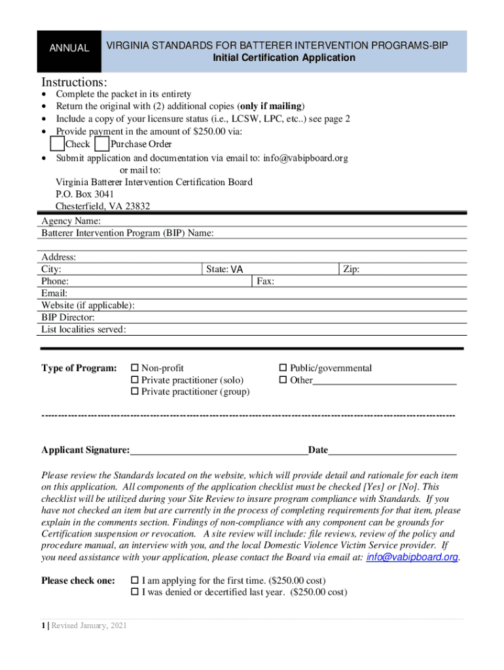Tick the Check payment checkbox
pyautogui.click(x=57, y=144)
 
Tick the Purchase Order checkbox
pyautogui.click(x=101, y=144)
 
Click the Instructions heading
pyautogui.click(x=74, y=82)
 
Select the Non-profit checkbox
pyautogui.click(x=135, y=368)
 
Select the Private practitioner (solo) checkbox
pyautogui.click(x=135, y=380)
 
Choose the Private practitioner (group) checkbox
pyautogui.click(x=135, y=392)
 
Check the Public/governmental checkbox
pyautogui.click(x=284, y=368)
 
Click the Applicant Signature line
pyautogui.click(x=219, y=450)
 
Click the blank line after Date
pyautogui.click(x=392, y=450)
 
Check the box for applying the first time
pyautogui.click(x=135, y=580)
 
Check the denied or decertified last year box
pyautogui.click(x=135, y=592)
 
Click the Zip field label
pyautogui.click(x=351, y=270)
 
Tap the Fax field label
pyautogui.click(x=265, y=281)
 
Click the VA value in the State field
pyautogui.click(x=236, y=270)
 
